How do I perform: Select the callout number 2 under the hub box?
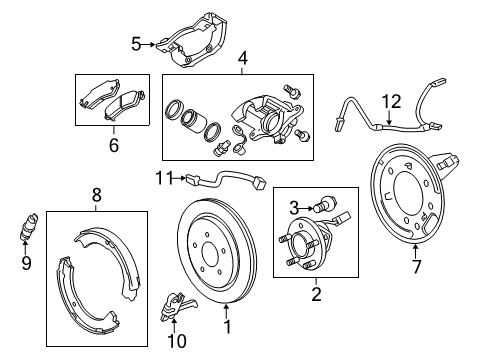(x=317, y=293)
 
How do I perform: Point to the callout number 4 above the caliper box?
(x=241, y=58)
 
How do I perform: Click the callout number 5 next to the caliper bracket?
(x=136, y=43)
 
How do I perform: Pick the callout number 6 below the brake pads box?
(x=113, y=146)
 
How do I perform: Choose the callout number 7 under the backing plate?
(x=417, y=266)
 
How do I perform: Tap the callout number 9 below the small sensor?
(x=26, y=263)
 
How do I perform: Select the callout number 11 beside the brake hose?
(x=163, y=178)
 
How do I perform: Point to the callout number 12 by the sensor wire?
(x=393, y=100)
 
